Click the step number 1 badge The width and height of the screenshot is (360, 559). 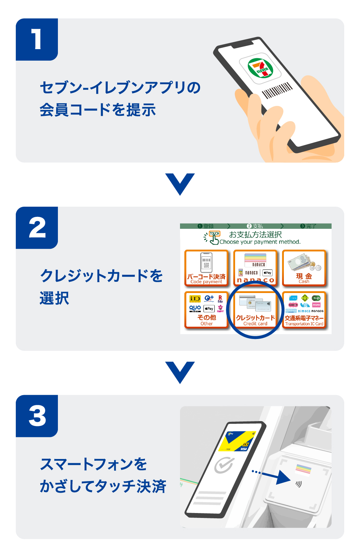pyautogui.click(x=36, y=39)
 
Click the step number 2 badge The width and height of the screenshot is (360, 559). pyautogui.click(x=36, y=227)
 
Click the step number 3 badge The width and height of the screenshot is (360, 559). pyautogui.click(x=36, y=416)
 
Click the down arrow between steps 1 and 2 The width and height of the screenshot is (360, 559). pyautogui.click(x=180, y=184)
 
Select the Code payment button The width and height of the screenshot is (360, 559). pyautogui.click(x=206, y=268)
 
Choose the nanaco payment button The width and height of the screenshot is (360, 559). pyautogui.click(x=255, y=268)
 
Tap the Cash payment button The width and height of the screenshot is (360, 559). pyautogui.click(x=304, y=268)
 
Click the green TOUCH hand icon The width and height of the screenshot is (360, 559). pyautogui.click(x=213, y=238)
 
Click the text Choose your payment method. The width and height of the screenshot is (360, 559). pyautogui.click(x=260, y=242)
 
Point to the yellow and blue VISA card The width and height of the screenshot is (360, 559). pyautogui.click(x=238, y=441)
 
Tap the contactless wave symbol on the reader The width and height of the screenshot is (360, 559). pyautogui.click(x=299, y=484)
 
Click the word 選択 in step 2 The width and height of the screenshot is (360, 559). pyautogui.click(x=54, y=298)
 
